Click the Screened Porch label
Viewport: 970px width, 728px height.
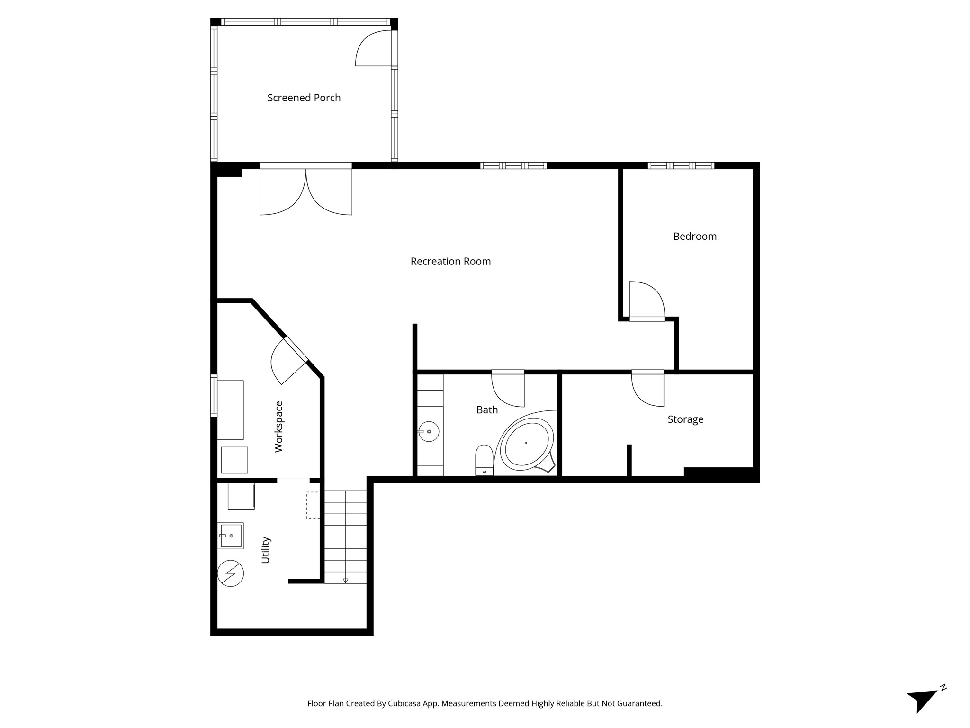tap(304, 98)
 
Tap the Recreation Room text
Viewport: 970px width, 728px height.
tap(450, 261)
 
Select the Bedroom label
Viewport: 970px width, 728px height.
tap(695, 236)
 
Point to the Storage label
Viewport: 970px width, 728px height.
tap(685, 419)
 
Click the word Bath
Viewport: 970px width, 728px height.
tap(487, 410)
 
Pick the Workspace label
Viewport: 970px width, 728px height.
tap(278, 427)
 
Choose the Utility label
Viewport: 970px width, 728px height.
tap(265, 550)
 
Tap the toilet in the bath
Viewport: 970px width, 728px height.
tap(484, 460)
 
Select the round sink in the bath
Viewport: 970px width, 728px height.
tap(429, 432)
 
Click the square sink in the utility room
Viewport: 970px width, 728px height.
tap(231, 536)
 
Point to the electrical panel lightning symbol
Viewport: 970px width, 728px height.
tap(231, 573)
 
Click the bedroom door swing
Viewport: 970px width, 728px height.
tap(647, 300)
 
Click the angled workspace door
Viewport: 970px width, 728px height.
tap(289, 361)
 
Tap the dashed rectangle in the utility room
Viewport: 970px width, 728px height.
tap(313, 505)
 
